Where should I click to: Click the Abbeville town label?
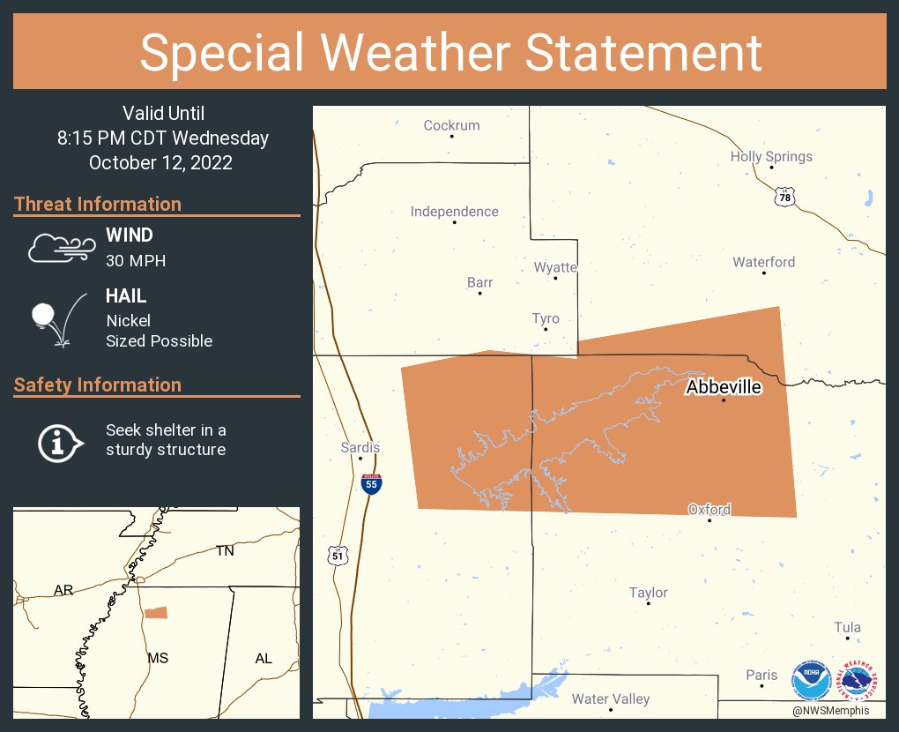click(x=724, y=386)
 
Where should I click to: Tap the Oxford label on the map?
click(x=710, y=510)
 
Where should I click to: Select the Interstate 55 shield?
click(x=372, y=483)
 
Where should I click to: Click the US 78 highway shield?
click(x=784, y=198)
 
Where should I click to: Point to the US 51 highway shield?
click(x=338, y=556)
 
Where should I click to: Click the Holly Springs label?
click(x=771, y=157)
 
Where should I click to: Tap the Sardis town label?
click(x=360, y=448)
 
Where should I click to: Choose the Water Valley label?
click(x=611, y=699)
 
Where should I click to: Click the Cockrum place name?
click(x=451, y=125)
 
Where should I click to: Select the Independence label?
click(x=454, y=212)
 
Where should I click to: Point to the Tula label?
click(x=848, y=628)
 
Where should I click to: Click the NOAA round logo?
click(x=811, y=680)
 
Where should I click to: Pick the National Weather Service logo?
click(x=859, y=680)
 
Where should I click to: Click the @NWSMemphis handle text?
click(x=830, y=711)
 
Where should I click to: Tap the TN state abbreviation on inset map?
click(x=226, y=551)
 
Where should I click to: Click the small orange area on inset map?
click(x=156, y=612)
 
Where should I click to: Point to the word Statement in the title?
click(x=644, y=52)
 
